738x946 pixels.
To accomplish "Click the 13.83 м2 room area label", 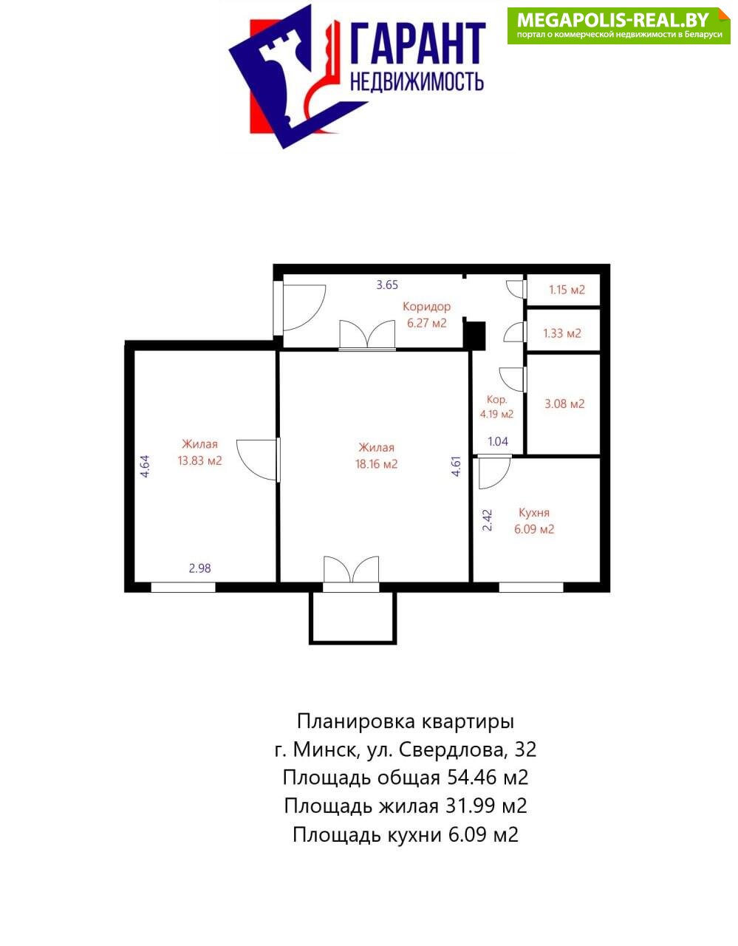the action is click(x=199, y=460).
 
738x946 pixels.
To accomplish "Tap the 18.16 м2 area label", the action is click(x=377, y=464).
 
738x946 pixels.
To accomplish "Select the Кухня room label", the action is click(x=534, y=513).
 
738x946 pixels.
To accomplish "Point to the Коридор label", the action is click(x=426, y=307).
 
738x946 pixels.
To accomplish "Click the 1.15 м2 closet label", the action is click(x=567, y=290).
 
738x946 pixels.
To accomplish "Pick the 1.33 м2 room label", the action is click(x=562, y=333).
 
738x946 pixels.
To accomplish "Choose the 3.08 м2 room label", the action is click(x=565, y=404).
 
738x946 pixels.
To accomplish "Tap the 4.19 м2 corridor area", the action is click(x=496, y=414).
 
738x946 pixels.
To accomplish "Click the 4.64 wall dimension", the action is click(x=146, y=466).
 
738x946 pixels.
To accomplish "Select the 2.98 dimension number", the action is click(x=199, y=568).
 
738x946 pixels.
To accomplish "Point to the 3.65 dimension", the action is click(x=387, y=285).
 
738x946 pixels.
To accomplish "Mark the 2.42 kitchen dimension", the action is click(x=488, y=520).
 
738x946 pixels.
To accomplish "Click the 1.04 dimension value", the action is click(x=498, y=441).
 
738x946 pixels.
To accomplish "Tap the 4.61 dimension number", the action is click(x=456, y=466).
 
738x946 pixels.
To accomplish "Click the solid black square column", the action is click(x=475, y=336).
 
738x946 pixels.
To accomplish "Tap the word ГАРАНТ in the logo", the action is click(x=417, y=44).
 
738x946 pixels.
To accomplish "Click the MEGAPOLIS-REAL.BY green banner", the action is click(x=619, y=26).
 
